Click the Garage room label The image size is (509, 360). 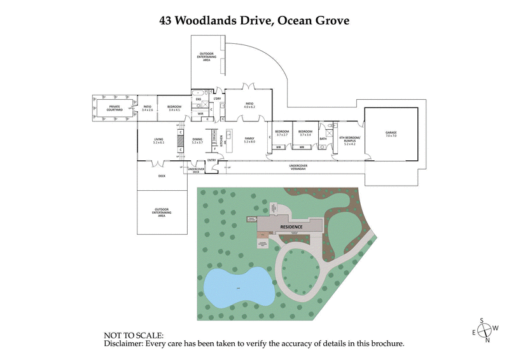[x=390, y=134]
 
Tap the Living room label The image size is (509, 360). [x=158, y=141]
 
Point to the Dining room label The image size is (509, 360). [x=197, y=141]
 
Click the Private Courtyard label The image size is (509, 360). [x=115, y=107]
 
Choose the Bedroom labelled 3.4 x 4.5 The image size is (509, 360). [x=174, y=108]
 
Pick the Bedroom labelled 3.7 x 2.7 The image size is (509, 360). [x=281, y=133]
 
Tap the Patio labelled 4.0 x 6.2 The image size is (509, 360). [x=249, y=105]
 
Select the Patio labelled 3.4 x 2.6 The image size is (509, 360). [x=148, y=108]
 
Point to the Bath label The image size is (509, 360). [x=323, y=138]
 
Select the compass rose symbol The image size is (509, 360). [x=486, y=329]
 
